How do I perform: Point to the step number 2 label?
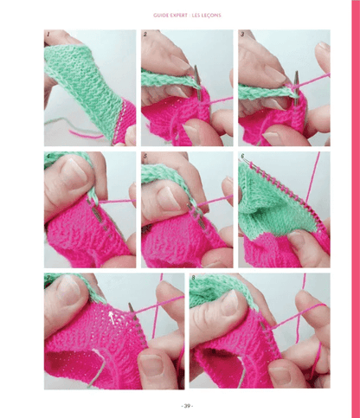[x=145, y=34]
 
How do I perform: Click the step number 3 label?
[x=242, y=34]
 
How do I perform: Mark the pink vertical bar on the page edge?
[x=354, y=209]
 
